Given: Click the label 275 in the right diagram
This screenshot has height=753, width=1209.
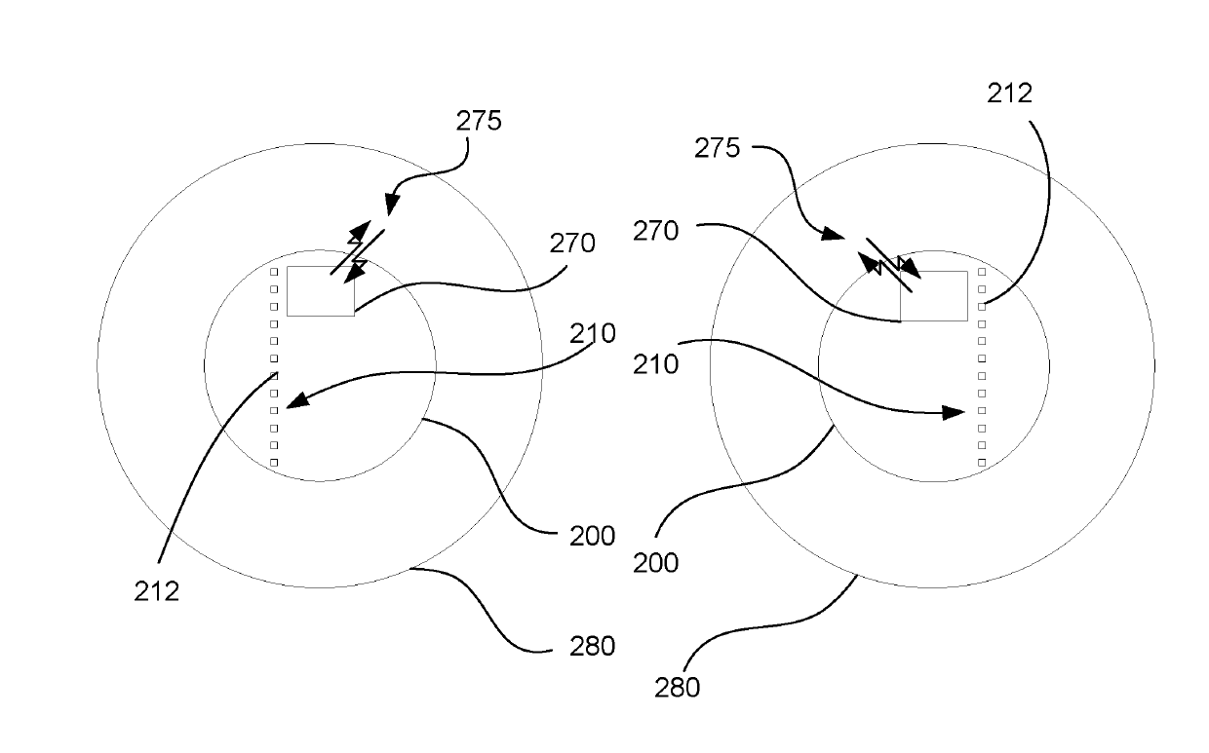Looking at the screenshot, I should coord(717,149).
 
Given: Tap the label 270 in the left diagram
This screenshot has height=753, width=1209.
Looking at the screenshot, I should coord(572,243).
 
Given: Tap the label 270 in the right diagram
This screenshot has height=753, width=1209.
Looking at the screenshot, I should coord(656,231).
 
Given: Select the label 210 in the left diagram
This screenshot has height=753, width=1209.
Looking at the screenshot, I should coord(594,333).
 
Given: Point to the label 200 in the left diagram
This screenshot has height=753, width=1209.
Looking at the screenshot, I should coord(592,535).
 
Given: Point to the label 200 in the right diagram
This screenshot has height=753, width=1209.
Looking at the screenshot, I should coord(655,562).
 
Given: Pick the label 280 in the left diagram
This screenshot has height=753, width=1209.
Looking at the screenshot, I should coord(592,645).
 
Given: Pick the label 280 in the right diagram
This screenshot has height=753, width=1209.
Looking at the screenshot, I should coord(677,687).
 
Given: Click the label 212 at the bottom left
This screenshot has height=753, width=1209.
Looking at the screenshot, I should coord(157,590).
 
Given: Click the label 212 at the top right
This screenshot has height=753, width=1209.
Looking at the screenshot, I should coord(1009,94).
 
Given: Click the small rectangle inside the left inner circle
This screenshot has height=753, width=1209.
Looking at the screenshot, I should coord(320,291).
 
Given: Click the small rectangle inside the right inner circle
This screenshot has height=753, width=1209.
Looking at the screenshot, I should coord(933,296).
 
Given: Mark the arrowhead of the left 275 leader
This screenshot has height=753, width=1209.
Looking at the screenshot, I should coord(390,207).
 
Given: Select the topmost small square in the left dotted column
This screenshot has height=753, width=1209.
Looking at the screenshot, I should coord(274,273).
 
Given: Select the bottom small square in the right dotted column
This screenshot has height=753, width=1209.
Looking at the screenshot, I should coord(982,462).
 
